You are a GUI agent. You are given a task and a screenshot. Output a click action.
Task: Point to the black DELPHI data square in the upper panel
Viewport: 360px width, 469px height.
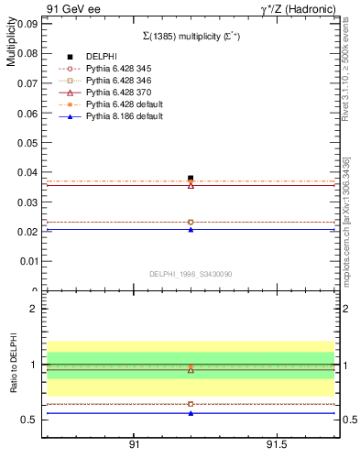coord(191,178)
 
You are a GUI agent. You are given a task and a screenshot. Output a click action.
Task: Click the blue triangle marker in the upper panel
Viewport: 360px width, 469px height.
coord(191,229)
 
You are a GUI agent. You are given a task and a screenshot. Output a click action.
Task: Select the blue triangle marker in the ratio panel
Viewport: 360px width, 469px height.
coord(191,413)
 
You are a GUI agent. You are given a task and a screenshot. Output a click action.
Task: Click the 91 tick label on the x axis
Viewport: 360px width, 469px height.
coord(134,444)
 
